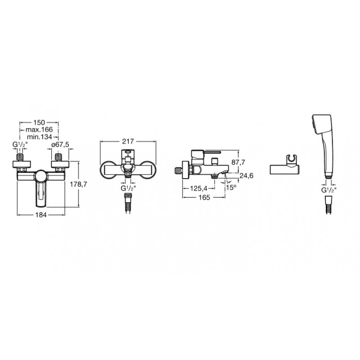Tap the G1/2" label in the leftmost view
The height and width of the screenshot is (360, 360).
[x=21, y=145]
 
